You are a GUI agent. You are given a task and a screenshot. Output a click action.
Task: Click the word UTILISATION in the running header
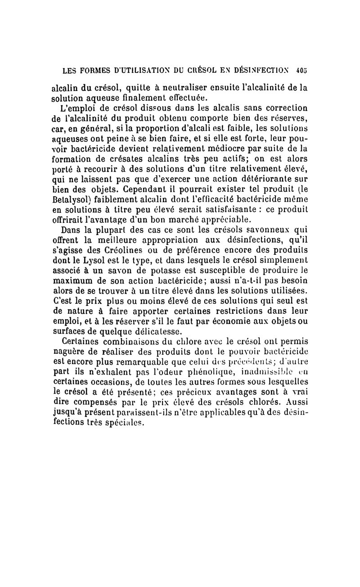pyautogui.click(x=132, y=70)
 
